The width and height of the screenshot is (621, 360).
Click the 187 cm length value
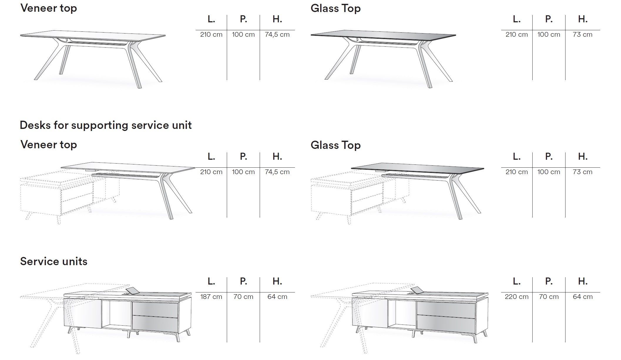(211, 297)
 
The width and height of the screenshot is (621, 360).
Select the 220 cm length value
(516, 297)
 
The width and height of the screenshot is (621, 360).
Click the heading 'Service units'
(54, 261)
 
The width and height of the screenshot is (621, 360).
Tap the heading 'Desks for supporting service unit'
(106, 125)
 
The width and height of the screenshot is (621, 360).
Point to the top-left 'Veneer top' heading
(49, 8)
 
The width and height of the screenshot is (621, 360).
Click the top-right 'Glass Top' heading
(335, 8)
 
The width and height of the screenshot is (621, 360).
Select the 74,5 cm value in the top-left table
(277, 34)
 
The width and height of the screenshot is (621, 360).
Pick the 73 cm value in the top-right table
(583, 34)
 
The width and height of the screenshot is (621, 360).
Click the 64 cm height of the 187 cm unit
(277, 297)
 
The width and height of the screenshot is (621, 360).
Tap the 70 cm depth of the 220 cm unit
(549, 297)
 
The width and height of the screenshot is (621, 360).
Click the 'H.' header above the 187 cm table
(277, 281)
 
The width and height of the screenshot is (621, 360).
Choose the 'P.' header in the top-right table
(549, 19)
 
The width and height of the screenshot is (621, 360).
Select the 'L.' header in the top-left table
(211, 19)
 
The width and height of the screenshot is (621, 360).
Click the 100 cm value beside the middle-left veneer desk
(243, 172)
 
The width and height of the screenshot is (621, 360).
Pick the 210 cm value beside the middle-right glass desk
(516, 172)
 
